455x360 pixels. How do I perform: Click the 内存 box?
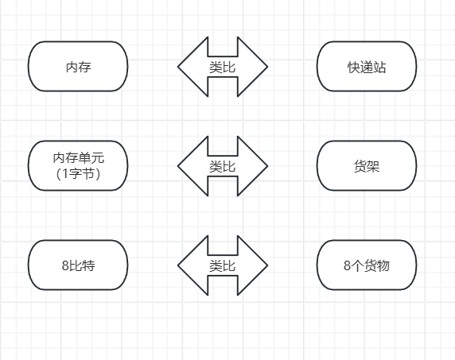78,67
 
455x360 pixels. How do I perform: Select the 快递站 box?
367,67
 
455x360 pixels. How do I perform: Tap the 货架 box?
367,166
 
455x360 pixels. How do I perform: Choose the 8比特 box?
78,265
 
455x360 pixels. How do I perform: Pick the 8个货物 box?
367,265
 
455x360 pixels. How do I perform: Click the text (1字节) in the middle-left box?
78,174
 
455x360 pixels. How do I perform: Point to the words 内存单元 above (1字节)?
78,159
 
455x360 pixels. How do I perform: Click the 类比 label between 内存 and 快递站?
222,68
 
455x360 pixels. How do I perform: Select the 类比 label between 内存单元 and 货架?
222,167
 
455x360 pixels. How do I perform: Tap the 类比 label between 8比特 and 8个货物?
222,266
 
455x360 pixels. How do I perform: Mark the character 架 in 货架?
373,167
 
